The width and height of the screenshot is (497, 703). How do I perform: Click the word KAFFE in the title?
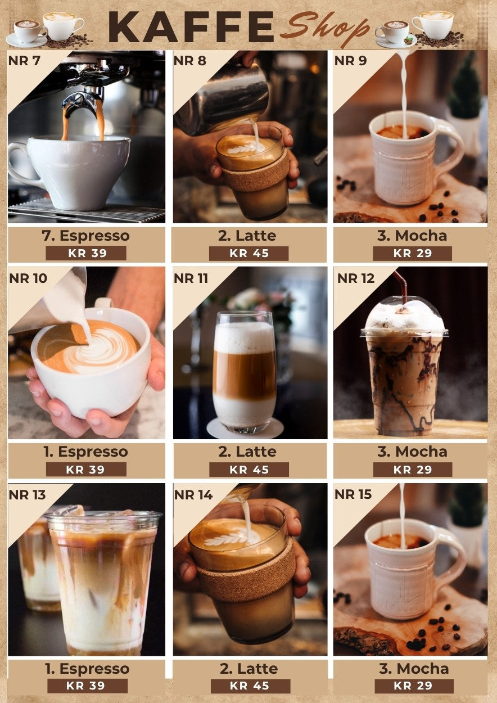(191, 27)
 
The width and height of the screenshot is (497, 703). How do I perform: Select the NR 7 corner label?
(24, 61)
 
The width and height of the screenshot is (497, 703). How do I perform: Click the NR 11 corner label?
(191, 278)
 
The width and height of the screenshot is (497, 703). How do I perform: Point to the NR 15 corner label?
(353, 494)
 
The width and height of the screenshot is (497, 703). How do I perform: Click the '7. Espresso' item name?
(85, 236)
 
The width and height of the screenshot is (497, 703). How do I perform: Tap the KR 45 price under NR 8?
(249, 253)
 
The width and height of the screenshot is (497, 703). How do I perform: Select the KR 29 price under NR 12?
(413, 470)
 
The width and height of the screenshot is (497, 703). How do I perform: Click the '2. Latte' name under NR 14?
(249, 669)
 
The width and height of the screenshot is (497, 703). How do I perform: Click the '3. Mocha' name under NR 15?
(414, 669)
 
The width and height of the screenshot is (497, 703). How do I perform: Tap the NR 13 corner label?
(28, 495)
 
